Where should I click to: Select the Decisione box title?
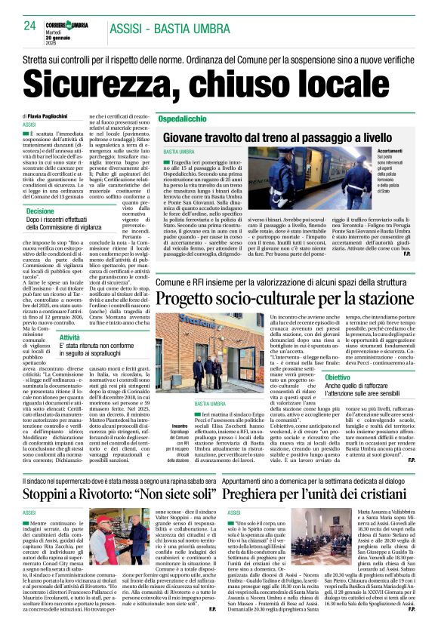pyautogui.click(x=41, y=211)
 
